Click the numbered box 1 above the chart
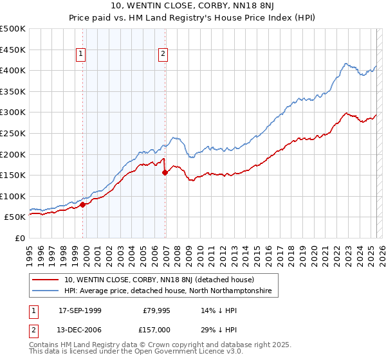tap(81, 55)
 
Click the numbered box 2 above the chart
tap(163, 55)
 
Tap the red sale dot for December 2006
tap(165, 172)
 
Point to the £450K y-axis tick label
tap(12, 50)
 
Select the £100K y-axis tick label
tap(12, 196)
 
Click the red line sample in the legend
tap(46, 280)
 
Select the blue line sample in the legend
tap(46, 291)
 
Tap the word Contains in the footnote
tap(44, 345)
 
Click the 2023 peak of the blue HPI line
tap(346, 63)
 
